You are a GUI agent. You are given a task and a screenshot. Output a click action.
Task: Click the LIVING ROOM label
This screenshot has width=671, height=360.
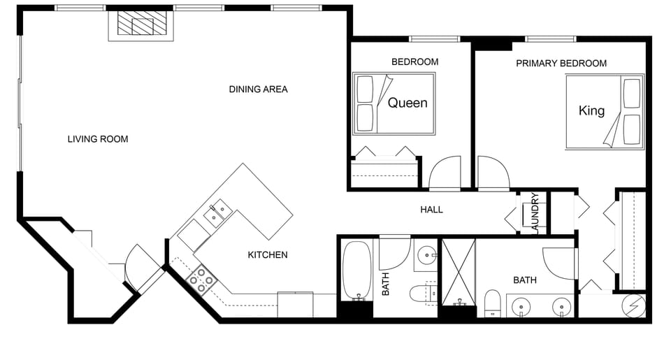click(x=98, y=139)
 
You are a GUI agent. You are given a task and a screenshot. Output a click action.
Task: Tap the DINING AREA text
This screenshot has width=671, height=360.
click(x=258, y=89)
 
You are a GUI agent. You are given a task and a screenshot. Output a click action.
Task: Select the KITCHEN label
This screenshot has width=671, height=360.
click(x=268, y=255)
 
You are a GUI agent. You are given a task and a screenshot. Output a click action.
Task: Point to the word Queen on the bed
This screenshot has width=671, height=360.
click(x=407, y=103)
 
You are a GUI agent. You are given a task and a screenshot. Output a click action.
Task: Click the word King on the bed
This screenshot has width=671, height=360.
click(x=591, y=110)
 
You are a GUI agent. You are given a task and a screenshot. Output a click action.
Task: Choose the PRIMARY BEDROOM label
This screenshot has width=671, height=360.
click(x=561, y=64)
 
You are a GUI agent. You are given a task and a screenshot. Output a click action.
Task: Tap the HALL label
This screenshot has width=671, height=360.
click(x=431, y=210)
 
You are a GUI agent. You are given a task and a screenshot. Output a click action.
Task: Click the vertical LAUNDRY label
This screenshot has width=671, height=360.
click(x=535, y=212)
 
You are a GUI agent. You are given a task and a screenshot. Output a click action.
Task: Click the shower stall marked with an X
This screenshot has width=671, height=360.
click(x=459, y=272)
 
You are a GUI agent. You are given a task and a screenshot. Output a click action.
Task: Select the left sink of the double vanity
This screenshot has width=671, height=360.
click(x=520, y=306)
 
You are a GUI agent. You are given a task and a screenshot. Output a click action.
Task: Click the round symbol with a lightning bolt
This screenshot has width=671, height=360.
click(x=635, y=306)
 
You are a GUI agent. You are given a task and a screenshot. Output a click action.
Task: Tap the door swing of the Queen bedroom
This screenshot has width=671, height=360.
click(x=445, y=173)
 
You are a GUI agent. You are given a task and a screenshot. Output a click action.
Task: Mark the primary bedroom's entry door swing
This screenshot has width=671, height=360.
click(x=493, y=173)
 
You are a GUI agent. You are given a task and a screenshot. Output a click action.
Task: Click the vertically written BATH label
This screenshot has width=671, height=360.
click(x=385, y=284)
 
